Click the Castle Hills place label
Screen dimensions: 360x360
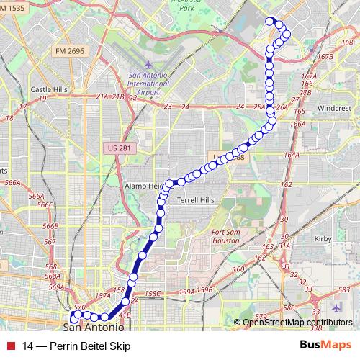point(48,89)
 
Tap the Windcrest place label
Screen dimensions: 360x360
point(333,107)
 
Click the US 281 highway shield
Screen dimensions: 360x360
point(118,148)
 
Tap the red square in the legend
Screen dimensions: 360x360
point(10,345)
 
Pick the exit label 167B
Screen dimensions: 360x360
point(325,55)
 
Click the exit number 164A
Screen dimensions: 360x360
point(291,155)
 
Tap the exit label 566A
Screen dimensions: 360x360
point(12,183)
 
